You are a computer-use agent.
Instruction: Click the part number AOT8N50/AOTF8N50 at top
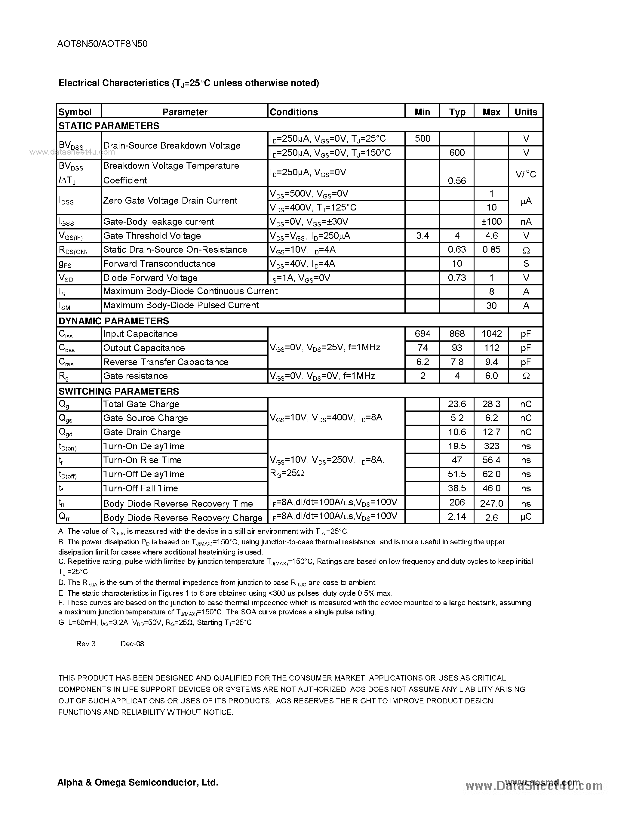pyautogui.click(x=102, y=44)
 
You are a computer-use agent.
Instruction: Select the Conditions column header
pyautogui.click(x=293, y=112)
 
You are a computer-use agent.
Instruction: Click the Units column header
pyautogui.click(x=526, y=112)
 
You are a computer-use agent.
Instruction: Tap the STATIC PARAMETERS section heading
pyautogui.click(x=109, y=126)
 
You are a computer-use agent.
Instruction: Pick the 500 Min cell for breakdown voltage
pyautogui.click(x=422, y=139)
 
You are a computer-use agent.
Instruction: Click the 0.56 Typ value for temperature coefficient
pyautogui.click(x=457, y=181)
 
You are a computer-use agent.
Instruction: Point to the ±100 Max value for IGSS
pyautogui.click(x=491, y=222)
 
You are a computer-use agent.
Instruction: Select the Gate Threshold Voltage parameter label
pyautogui.click(x=152, y=235)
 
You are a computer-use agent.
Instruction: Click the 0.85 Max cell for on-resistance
pyautogui.click(x=491, y=250)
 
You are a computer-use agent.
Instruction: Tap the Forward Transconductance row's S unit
pyautogui.click(x=526, y=263)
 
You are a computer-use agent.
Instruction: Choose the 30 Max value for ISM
pyautogui.click(x=491, y=306)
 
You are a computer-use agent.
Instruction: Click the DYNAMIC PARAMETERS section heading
pyautogui.click(x=114, y=321)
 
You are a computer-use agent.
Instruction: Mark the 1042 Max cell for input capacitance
pyautogui.click(x=491, y=334)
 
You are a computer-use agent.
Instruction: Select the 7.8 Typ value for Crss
pyautogui.click(x=457, y=362)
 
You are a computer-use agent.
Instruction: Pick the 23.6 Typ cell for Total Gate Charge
pyautogui.click(x=457, y=404)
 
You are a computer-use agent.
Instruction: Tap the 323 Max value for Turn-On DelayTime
pyautogui.click(x=491, y=446)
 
